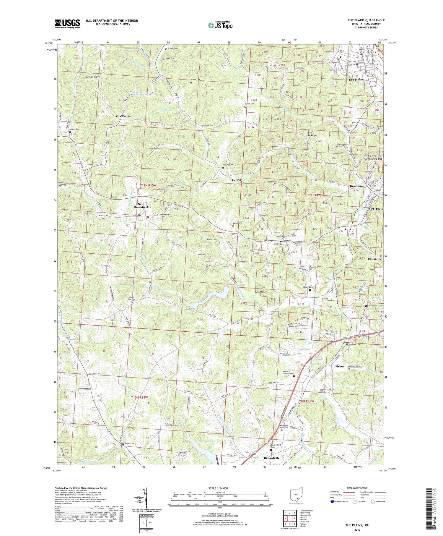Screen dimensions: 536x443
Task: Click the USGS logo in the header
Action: [67, 24]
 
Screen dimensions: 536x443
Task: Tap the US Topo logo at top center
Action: [220, 25]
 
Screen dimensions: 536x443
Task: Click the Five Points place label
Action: [123, 116]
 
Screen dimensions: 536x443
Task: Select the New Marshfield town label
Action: [141, 205]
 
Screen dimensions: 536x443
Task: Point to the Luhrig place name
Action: [237, 180]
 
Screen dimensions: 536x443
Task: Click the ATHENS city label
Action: [374, 209]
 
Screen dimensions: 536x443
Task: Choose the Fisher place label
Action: [340, 366]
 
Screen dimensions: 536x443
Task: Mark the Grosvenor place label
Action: [357, 186]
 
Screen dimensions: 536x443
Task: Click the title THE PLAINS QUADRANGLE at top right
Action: [366, 20]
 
